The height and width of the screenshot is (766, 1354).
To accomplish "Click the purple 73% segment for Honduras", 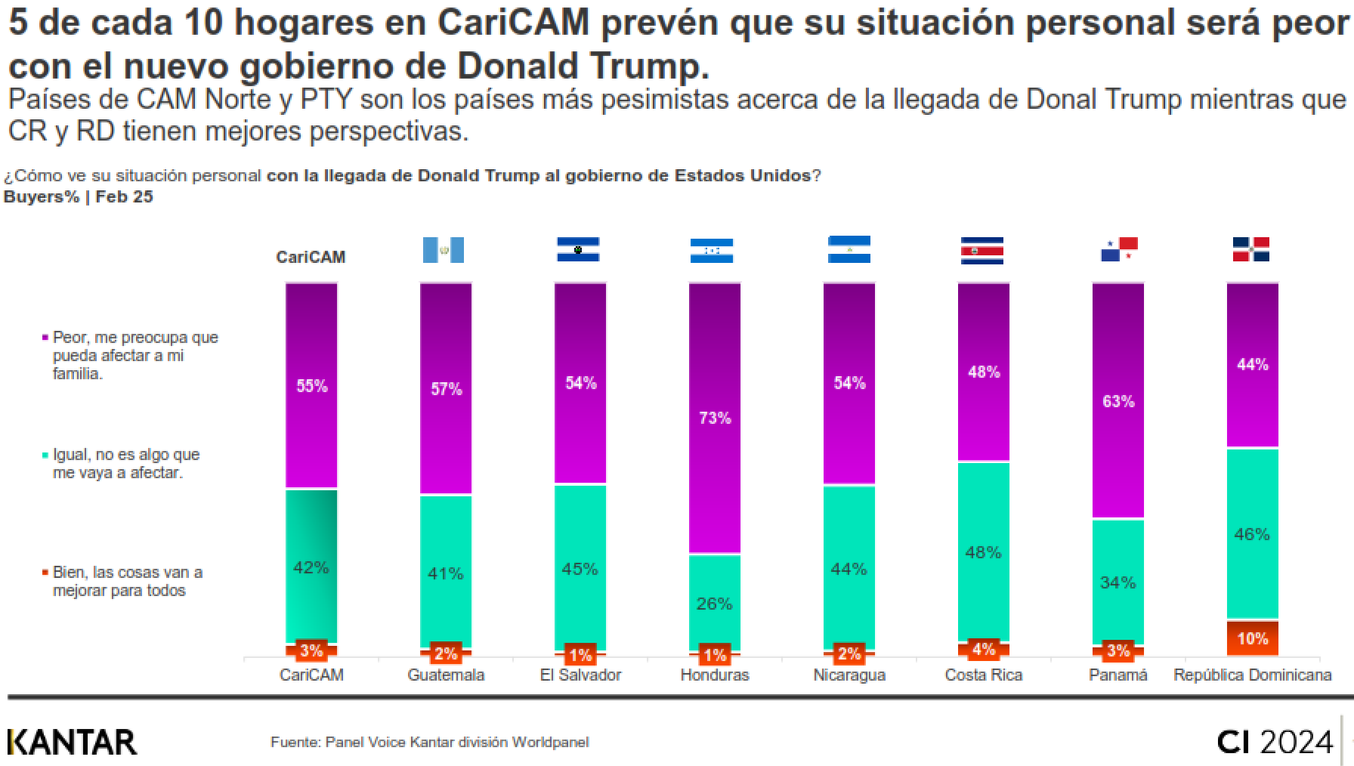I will pos(714,418).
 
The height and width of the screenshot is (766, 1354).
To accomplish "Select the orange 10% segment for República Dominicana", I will pos(1252,638).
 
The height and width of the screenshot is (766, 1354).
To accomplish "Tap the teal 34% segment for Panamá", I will pos(1118,582).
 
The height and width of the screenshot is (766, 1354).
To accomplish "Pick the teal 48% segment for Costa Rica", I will pos(983,551).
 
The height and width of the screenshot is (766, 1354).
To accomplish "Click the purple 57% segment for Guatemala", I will pos(446,388).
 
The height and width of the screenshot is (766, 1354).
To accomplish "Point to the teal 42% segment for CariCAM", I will pos(311,567).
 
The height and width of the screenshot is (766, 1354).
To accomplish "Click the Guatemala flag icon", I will pos(444,250).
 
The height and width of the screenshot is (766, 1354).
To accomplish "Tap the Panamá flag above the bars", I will pos(1119,249).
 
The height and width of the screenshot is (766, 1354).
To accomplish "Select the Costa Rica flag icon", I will pos(981,250).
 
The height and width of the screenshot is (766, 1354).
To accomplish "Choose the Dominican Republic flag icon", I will pos(1251,249).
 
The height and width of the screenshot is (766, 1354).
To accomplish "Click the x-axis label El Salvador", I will pos(580,675).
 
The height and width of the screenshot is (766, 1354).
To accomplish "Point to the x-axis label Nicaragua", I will pos(849,675).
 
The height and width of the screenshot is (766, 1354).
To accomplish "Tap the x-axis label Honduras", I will pos(715,675).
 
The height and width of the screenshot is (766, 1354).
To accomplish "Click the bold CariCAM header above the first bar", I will pos(311,257).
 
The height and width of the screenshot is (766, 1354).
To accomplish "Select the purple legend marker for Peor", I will pos(45,337).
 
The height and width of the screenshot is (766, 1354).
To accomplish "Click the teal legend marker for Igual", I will pos(45,455).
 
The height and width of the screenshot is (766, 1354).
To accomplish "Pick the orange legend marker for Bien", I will pos(45,573).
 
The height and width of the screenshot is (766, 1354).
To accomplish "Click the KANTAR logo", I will pos(73,743).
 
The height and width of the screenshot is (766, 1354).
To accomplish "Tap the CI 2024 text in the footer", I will pos(1275,742).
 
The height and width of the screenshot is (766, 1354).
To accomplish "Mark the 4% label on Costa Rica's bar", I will pos(983,649).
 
